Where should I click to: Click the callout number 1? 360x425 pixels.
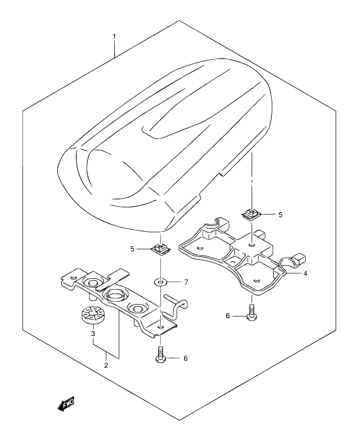click(114, 36)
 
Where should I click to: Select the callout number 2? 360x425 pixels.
click(106, 365)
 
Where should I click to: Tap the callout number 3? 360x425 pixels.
click(93, 333)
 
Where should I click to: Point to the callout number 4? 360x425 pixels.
click(306, 273)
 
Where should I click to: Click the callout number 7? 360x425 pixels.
click(186, 282)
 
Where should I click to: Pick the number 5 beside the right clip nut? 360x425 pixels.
click(281, 215)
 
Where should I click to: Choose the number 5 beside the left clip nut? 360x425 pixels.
click(132, 249)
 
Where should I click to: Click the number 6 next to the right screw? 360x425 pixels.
click(228, 316)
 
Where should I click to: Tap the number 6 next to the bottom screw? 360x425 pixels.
click(185, 358)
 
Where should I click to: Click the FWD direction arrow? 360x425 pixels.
click(66, 404)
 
